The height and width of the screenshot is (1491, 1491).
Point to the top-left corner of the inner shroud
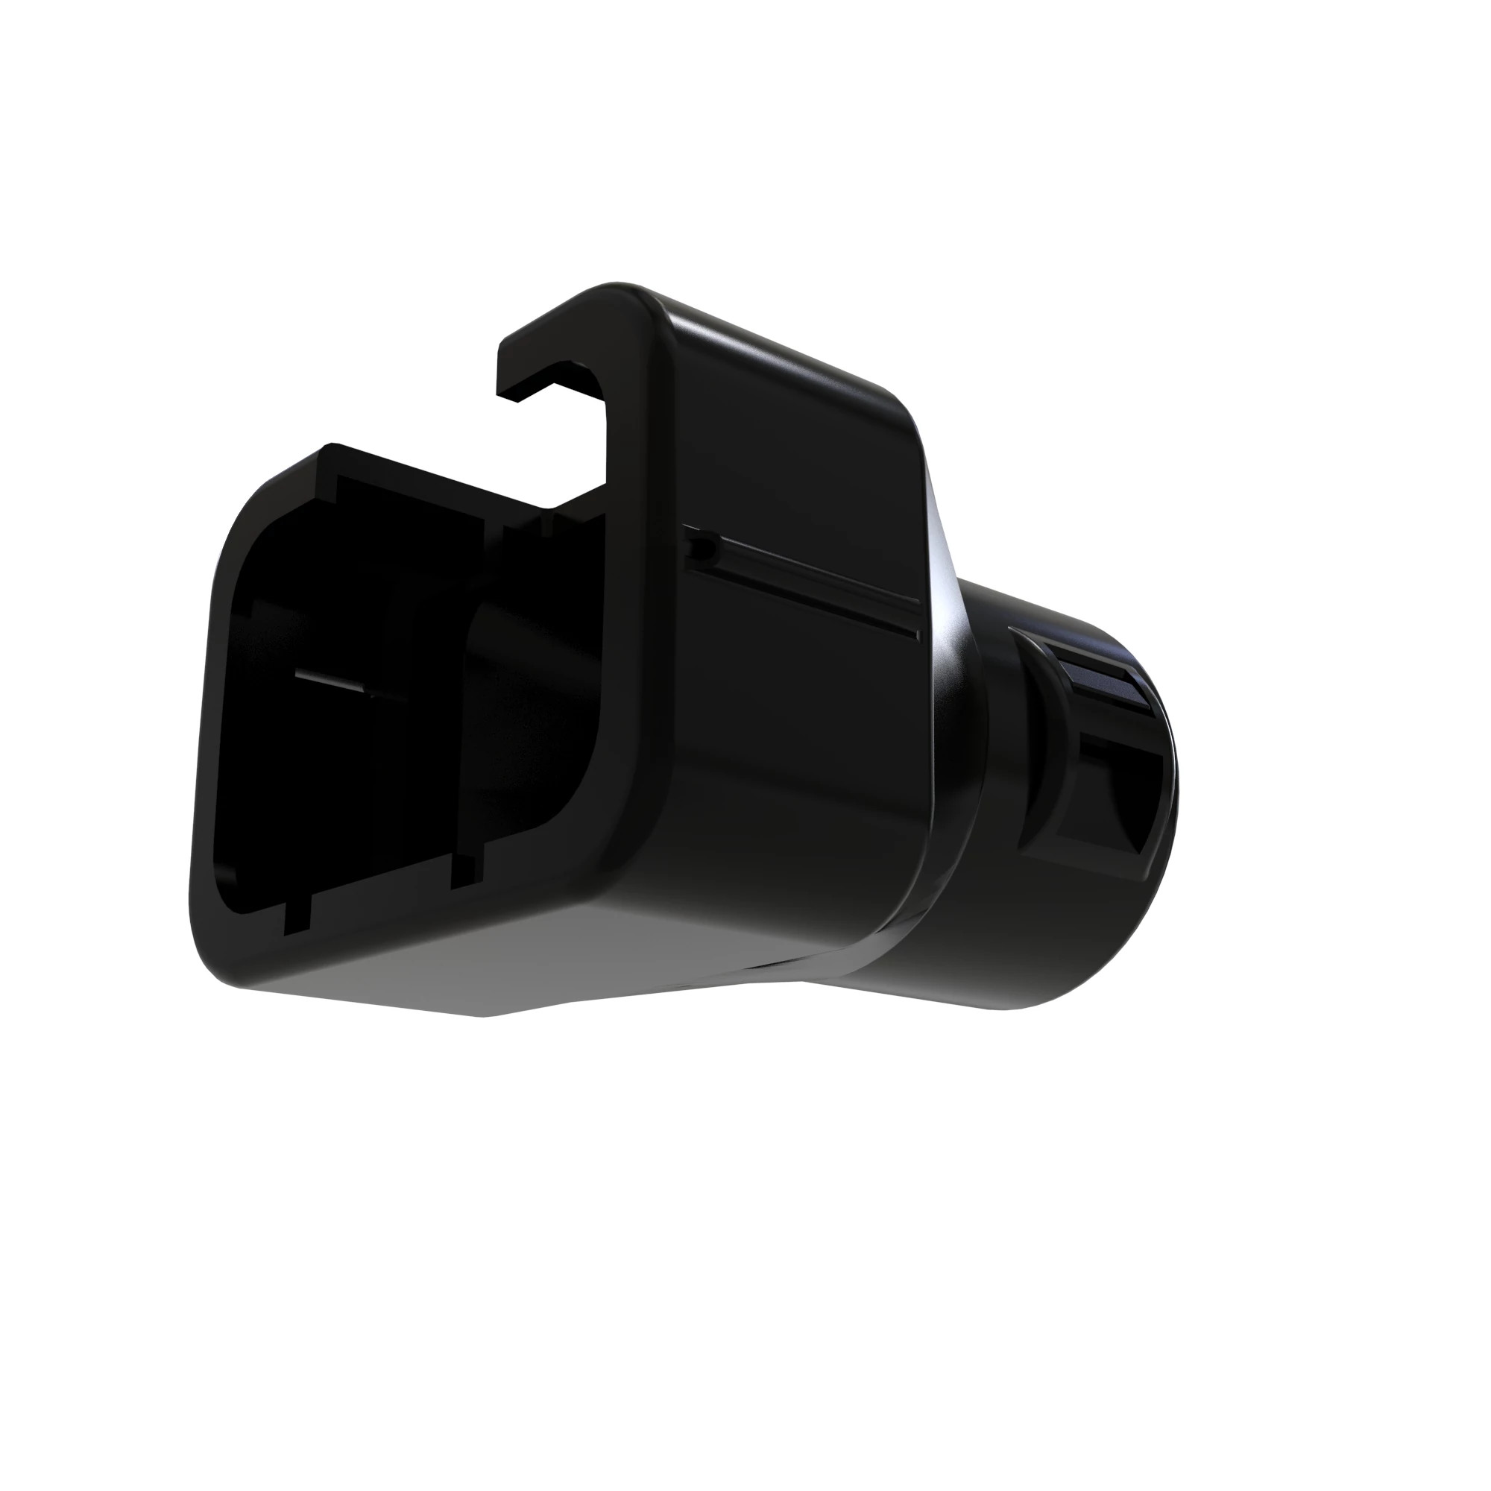(x=335, y=475)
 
